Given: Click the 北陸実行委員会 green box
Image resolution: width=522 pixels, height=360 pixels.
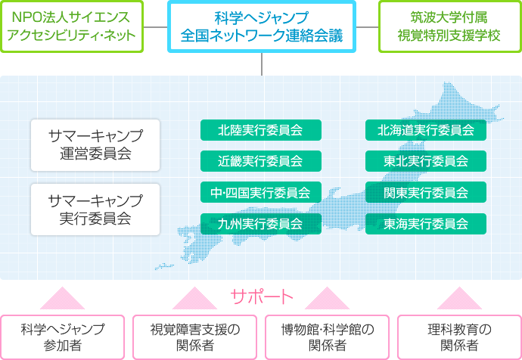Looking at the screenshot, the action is coord(261,130).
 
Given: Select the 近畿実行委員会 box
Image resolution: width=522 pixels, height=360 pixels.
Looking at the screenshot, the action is coord(261,161).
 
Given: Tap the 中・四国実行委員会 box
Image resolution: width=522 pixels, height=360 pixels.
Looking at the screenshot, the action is coord(261,192).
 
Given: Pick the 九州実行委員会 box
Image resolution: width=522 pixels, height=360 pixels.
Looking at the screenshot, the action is coord(261,224).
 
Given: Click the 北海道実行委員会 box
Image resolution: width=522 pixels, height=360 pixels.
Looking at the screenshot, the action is coord(426,130).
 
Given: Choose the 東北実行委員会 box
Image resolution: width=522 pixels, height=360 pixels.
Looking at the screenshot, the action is coord(426,161).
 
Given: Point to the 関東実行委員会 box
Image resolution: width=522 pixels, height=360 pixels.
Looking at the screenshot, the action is coord(426,192).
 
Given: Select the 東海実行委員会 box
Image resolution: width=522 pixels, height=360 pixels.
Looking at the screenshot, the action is coord(426,224).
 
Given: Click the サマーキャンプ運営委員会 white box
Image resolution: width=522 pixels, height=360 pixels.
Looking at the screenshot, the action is coord(95,145).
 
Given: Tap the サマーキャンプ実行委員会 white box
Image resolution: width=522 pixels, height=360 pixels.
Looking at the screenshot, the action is coord(95,209).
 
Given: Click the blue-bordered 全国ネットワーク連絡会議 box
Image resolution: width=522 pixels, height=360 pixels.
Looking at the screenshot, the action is coord(262,26).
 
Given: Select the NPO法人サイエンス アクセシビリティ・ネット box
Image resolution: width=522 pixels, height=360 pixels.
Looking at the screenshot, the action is coord(72,26).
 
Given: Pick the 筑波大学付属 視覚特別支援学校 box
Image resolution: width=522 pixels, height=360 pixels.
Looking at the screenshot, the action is coord(450,26).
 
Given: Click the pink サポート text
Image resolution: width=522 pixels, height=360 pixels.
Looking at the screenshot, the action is coord(262,296).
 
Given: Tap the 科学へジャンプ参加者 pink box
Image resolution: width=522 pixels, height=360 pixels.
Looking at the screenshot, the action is coord(62,337).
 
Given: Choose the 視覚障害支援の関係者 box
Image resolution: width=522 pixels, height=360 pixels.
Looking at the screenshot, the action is coord(194,337).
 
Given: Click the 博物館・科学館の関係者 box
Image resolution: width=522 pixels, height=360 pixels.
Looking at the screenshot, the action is coord(328,337).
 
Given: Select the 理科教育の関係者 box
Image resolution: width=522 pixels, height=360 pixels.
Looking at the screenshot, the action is coord(460,337).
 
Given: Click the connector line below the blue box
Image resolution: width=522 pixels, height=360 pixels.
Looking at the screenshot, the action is coord(262,64).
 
